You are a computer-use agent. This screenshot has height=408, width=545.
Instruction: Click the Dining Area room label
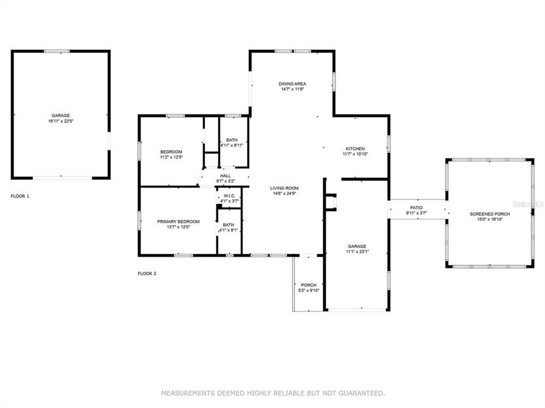(x=292, y=84)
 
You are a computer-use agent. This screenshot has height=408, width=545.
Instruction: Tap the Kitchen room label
(x=355, y=148)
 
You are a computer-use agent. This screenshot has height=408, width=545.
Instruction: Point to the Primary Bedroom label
(x=178, y=221)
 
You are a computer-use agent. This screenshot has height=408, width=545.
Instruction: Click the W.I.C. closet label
(x=229, y=196)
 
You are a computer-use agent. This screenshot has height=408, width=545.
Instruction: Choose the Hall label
(x=225, y=176)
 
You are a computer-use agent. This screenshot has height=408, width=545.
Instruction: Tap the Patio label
(x=417, y=208)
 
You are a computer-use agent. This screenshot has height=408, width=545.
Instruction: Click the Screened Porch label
(x=489, y=214)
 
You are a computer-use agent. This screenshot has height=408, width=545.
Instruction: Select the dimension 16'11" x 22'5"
(x=61, y=121)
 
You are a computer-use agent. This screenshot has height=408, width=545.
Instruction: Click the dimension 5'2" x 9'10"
(x=309, y=290)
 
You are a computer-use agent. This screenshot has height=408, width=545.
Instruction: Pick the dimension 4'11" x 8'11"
(x=232, y=145)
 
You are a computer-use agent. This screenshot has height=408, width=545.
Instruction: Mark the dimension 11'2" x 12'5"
(x=171, y=157)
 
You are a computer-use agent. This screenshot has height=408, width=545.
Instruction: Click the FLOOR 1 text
(x=20, y=196)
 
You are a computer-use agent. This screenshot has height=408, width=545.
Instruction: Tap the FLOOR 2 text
(x=147, y=274)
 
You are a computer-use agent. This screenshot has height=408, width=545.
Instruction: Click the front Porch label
(x=309, y=285)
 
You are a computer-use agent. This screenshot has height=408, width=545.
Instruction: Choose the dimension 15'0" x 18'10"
(x=489, y=219)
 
